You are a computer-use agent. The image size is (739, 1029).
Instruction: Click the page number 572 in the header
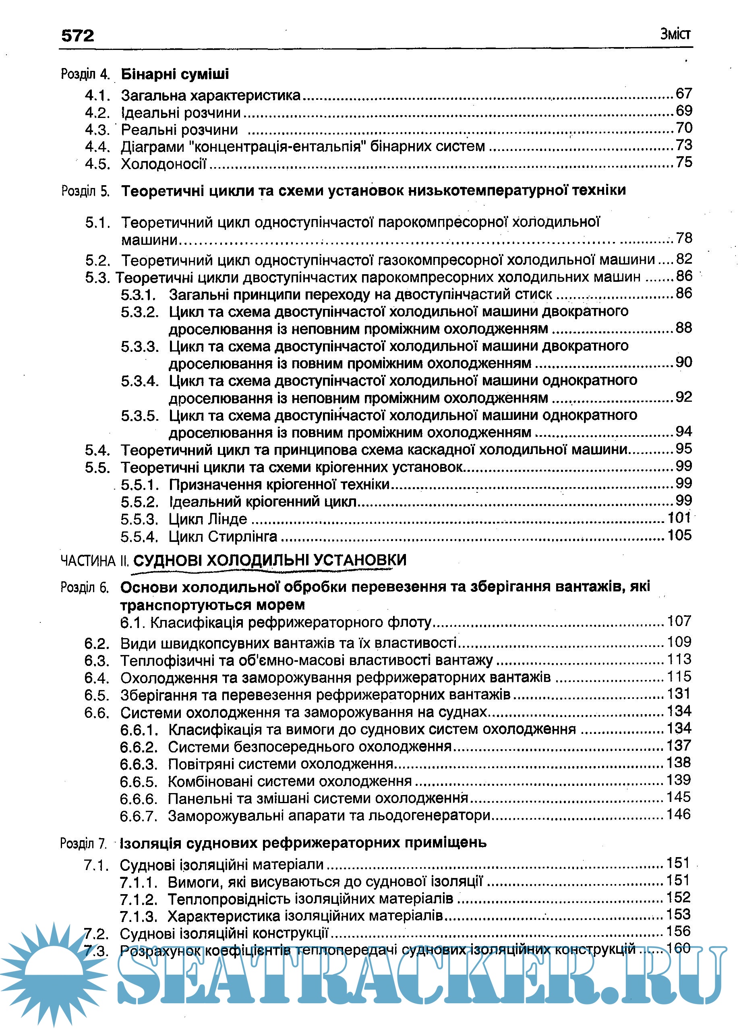click(78, 36)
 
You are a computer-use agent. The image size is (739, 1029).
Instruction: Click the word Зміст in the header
click(675, 34)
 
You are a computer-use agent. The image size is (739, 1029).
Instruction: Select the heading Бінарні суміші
click(175, 74)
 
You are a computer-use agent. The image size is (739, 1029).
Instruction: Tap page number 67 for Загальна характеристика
click(683, 93)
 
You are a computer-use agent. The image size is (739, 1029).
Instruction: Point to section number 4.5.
click(97, 164)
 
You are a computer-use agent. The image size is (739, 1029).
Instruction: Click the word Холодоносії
click(164, 164)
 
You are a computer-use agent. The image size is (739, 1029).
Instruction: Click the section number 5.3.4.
click(140, 381)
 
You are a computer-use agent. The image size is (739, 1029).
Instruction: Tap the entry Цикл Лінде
click(208, 519)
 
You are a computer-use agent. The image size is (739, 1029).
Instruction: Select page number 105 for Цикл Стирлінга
click(679, 535)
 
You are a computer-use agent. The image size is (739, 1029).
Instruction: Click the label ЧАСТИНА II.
click(94, 561)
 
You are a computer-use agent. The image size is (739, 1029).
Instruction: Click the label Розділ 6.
click(85, 587)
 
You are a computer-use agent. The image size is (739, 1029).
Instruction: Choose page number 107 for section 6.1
click(679, 621)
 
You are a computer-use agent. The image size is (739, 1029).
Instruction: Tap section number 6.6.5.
click(139, 782)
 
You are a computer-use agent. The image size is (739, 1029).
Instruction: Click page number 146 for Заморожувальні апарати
click(679, 814)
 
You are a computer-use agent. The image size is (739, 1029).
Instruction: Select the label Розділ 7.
click(83, 843)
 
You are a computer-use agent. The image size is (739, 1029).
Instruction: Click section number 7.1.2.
click(139, 899)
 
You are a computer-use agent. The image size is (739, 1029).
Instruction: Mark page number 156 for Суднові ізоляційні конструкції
click(679, 931)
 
